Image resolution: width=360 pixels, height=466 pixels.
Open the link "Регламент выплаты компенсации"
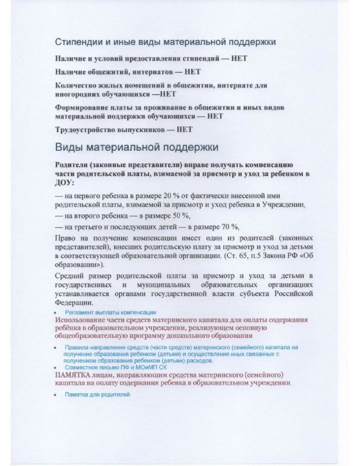(107, 313)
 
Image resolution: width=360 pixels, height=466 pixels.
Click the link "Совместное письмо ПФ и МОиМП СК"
(109, 368)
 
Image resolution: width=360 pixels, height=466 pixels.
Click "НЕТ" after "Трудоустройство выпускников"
(184, 129)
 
